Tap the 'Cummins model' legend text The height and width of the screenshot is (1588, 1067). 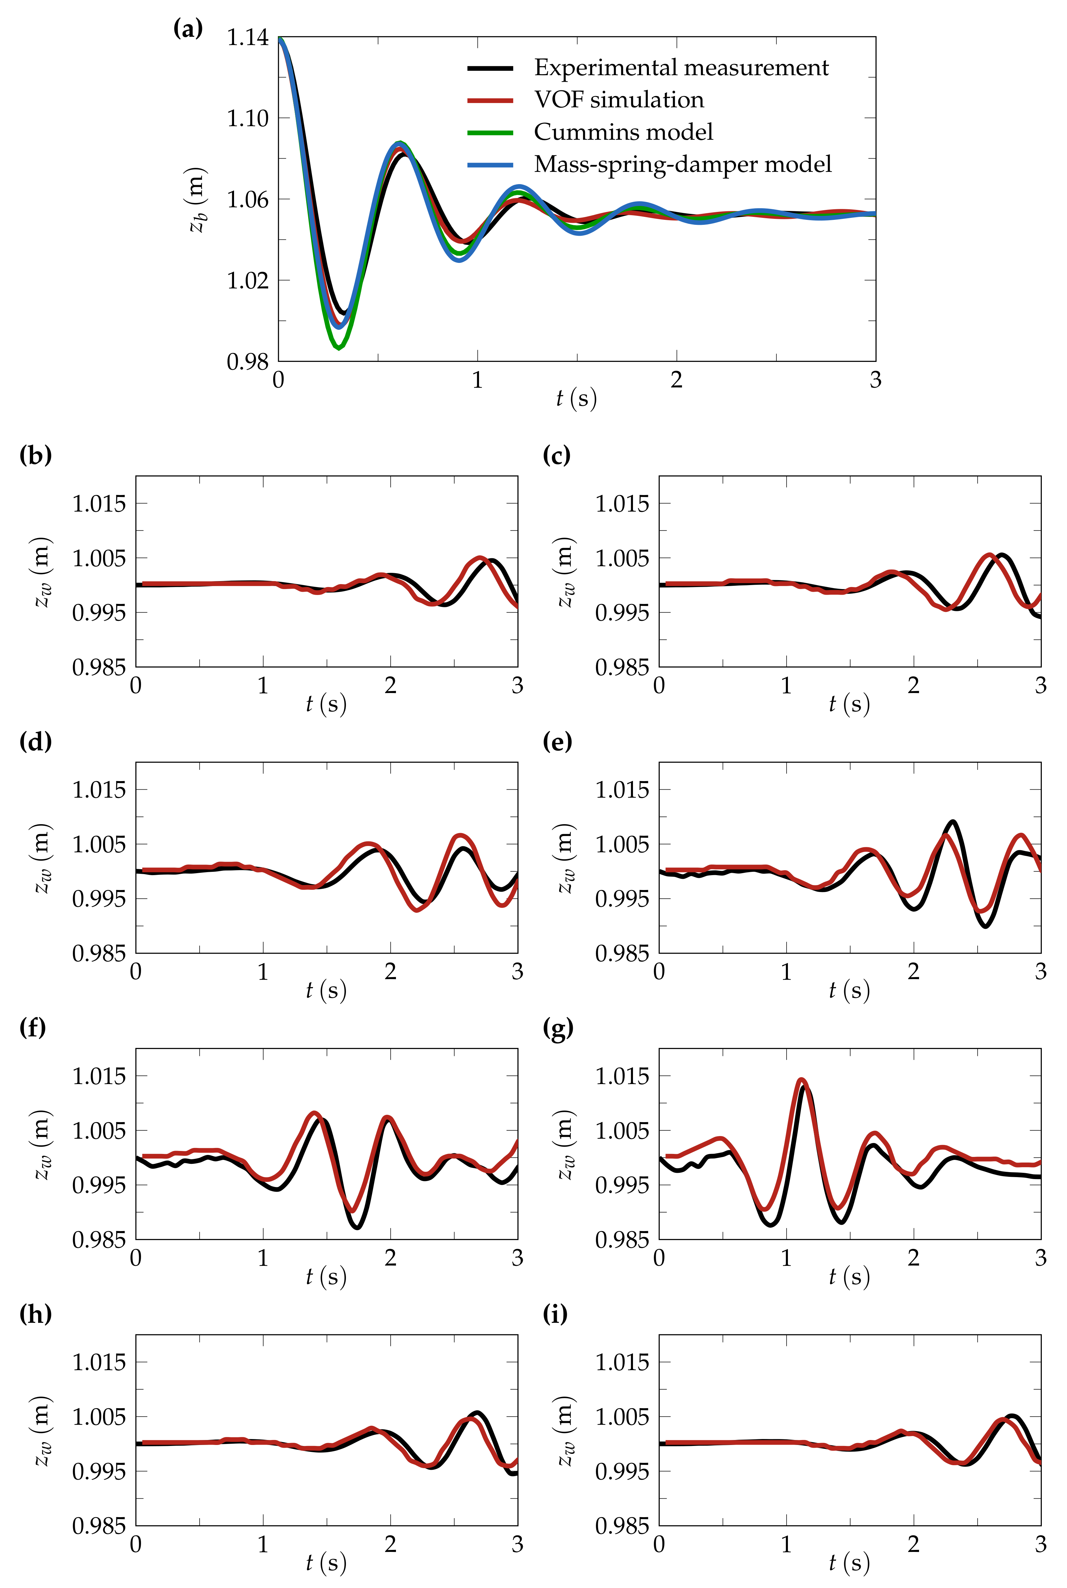(x=623, y=132)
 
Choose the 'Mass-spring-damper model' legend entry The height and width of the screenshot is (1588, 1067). (x=683, y=164)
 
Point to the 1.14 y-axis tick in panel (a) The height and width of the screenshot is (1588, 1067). (x=248, y=37)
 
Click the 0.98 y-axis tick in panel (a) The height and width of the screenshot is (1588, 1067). (x=248, y=361)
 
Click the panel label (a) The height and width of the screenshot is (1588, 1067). (x=188, y=28)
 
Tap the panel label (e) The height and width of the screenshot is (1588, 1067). (x=557, y=742)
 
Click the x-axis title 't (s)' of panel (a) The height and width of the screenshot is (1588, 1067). (x=576, y=398)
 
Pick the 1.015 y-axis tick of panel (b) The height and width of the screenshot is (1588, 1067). (x=99, y=504)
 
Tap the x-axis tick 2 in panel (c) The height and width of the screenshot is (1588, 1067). (x=913, y=685)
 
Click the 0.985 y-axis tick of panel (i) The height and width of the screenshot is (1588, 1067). (x=622, y=1525)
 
